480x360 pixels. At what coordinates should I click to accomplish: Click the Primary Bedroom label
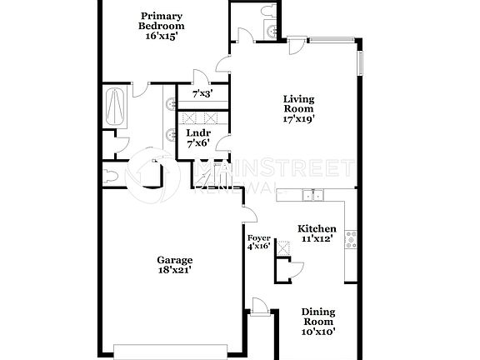click(x=162, y=20)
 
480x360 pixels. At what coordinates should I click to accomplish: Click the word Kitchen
click(x=317, y=228)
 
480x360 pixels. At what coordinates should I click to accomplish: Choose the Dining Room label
click(x=317, y=316)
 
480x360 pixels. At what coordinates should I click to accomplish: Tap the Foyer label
click(x=258, y=237)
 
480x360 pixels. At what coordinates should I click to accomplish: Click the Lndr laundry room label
click(x=197, y=133)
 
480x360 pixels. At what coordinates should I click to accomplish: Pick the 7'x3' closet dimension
click(x=202, y=95)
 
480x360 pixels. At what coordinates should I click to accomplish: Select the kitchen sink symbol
click(x=313, y=196)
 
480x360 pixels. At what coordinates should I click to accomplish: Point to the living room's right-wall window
click(x=362, y=62)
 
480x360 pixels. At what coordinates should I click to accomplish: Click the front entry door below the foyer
click(x=259, y=310)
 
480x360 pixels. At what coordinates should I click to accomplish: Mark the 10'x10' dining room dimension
click(x=317, y=332)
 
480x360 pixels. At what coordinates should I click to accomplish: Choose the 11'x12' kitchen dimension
click(x=317, y=239)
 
